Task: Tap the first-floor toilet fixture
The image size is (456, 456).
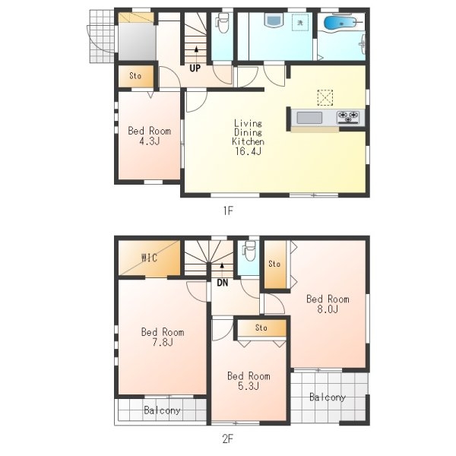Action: point(223,24)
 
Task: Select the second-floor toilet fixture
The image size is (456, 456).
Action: point(249,251)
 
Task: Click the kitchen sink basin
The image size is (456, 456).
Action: point(309,118)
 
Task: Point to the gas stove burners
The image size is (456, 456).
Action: point(348,117)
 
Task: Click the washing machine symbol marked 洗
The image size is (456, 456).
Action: point(300,22)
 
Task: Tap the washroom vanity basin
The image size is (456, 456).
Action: point(274,21)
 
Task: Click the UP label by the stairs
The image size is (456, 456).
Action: point(195,68)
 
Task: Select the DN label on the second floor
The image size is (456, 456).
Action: point(223,283)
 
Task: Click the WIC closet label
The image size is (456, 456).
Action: point(149,258)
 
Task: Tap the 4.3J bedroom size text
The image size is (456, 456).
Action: point(150,141)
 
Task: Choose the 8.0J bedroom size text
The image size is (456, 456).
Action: point(328,309)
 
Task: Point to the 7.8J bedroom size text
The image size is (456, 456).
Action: point(163,342)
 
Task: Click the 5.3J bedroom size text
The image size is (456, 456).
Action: point(249,386)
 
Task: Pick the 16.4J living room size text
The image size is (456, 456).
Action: point(248,151)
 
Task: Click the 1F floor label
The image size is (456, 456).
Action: point(228,211)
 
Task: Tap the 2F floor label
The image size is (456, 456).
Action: point(228,439)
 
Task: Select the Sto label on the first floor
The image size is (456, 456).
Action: point(135,76)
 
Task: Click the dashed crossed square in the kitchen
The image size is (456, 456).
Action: point(325,97)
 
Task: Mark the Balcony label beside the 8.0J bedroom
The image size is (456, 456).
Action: point(328,397)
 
